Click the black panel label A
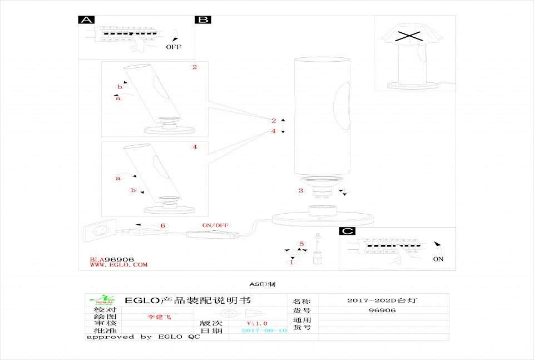pyautogui.click(x=86, y=20)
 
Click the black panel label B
pyautogui.click(x=202, y=20)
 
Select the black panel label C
pyautogui.click(x=347, y=231)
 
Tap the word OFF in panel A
pyautogui.click(x=174, y=47)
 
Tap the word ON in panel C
pyautogui.click(x=438, y=259)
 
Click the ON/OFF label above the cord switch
pyautogui.click(x=215, y=225)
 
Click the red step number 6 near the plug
pyautogui.click(x=162, y=225)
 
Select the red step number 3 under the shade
pyautogui.click(x=301, y=191)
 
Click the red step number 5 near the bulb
pyautogui.click(x=301, y=244)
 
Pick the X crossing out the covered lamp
pyautogui.click(x=408, y=37)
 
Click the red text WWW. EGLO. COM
pyautogui.click(x=119, y=265)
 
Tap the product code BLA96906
pyautogui.click(x=112, y=259)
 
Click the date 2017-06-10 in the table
pyautogui.click(x=264, y=331)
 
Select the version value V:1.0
pyautogui.click(x=257, y=323)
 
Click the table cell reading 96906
pyautogui.click(x=382, y=310)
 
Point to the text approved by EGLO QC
pyautogui.click(x=143, y=337)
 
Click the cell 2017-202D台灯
pyautogui.click(x=382, y=300)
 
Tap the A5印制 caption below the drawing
pyautogui.click(x=262, y=284)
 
